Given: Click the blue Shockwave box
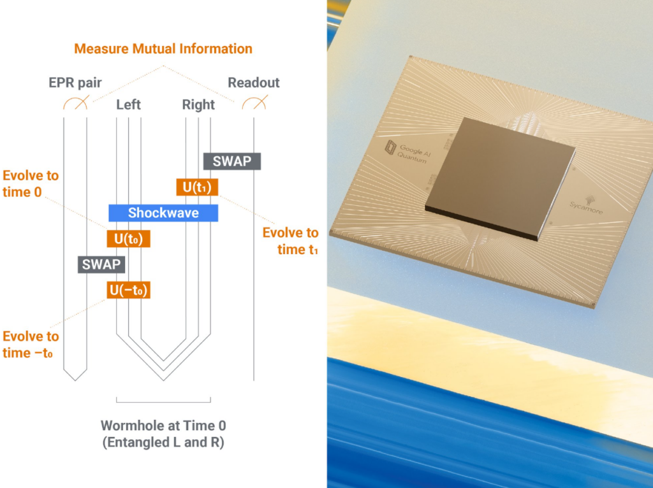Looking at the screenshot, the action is coord(163,213).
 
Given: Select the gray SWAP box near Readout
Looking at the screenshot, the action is coord(232,161).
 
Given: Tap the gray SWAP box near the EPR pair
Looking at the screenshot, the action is coord(101,264).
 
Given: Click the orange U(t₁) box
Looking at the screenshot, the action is coord(197,187).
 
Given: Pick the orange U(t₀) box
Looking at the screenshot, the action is coord(128,239).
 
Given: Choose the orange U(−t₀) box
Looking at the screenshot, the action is coord(128,290).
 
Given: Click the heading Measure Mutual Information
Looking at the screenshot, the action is coord(163,48).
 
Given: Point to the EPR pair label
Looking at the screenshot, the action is coord(75,83).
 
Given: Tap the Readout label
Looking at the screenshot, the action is coord(254,82).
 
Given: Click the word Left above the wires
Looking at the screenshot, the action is coord(128,104).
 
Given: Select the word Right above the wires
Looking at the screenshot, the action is coord(198,104).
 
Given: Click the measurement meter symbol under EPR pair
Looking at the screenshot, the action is coord(76,103).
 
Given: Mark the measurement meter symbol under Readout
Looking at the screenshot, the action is coord(254,103).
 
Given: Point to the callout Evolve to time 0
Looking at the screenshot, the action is coord(31,183).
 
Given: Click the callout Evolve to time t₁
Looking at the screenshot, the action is coord(290,241).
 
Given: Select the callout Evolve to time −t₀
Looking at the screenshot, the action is coord(31,345).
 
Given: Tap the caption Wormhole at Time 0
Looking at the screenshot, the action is coord(163,426).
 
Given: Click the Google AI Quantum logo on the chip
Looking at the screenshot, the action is coord(407,150).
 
